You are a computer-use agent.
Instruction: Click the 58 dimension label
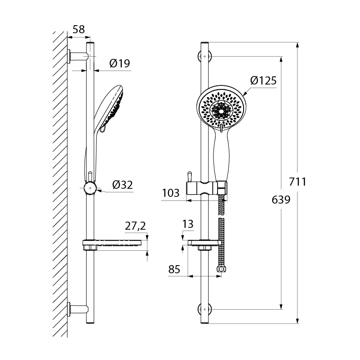click(79, 29)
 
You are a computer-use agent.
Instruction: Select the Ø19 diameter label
click(120, 63)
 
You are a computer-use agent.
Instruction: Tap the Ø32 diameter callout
click(123, 185)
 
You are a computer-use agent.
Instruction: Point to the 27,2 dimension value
click(135, 226)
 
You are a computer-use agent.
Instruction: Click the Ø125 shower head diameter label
click(263, 80)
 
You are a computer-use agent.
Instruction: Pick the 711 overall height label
click(298, 182)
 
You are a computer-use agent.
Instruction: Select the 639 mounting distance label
click(281, 200)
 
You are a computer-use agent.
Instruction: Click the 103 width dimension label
click(171, 193)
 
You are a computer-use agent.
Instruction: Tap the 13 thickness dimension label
click(188, 224)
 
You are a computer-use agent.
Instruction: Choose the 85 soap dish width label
click(174, 269)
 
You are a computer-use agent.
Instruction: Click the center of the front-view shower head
click(221, 111)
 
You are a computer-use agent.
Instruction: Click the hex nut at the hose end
click(221, 269)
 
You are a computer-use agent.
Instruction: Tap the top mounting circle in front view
click(204, 56)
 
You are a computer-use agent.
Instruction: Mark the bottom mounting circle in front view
click(204, 309)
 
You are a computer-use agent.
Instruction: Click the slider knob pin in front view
click(190, 177)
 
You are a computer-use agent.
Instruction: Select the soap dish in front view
click(205, 245)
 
